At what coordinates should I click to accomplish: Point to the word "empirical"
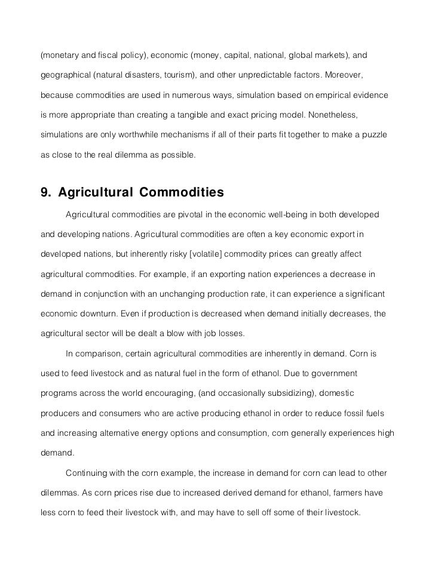coord(333,96)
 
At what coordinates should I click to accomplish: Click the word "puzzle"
coord(372,135)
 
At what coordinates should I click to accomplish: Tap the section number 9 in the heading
coord(44,192)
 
